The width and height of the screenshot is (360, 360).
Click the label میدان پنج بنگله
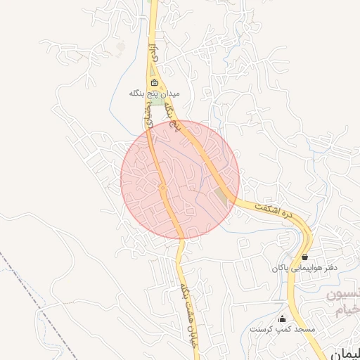[155, 93]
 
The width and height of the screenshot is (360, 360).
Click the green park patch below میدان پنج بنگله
[160, 103]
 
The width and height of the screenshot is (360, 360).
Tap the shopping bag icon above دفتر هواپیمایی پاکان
[304, 257]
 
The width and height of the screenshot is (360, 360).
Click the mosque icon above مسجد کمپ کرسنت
[283, 319]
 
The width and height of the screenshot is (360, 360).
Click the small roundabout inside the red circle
[162, 188]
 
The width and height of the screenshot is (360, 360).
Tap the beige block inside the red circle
[223, 197]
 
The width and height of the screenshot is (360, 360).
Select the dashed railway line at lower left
[35, 295]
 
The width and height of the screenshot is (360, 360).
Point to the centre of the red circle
[180, 179]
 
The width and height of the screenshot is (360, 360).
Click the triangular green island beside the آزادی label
[159, 71]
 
